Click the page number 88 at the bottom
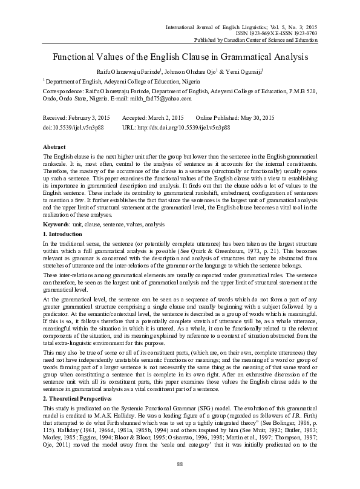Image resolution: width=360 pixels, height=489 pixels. click(x=180, y=464)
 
